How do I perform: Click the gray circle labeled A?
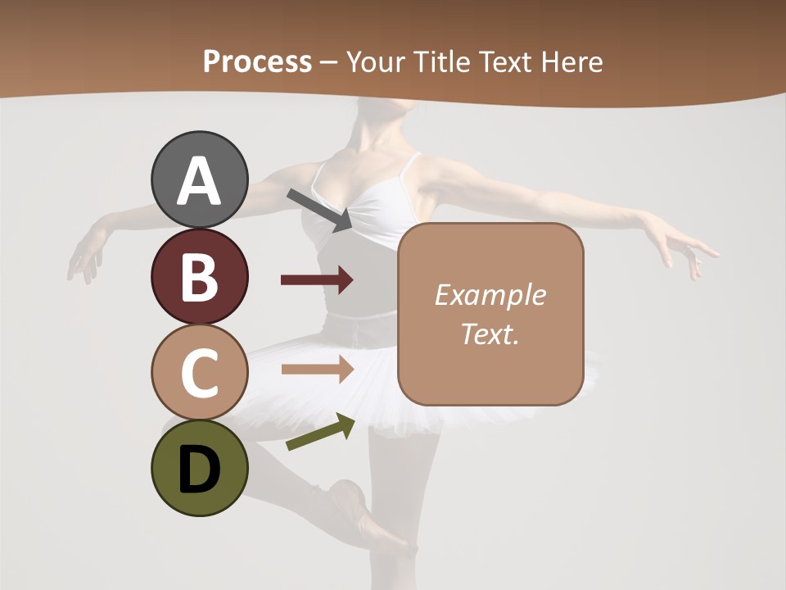pyautogui.click(x=199, y=179)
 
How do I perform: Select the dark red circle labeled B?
pyautogui.click(x=199, y=276)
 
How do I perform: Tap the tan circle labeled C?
pyautogui.click(x=199, y=372)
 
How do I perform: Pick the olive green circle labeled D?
pyautogui.click(x=199, y=468)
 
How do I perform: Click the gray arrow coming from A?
pyautogui.click(x=320, y=208)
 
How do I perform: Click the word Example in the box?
pyautogui.click(x=490, y=295)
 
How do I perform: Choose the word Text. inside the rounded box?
pyautogui.click(x=490, y=334)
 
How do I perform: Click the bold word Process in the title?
pyautogui.click(x=257, y=61)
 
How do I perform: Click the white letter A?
pyautogui.click(x=199, y=181)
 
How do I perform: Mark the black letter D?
pyautogui.click(x=199, y=470)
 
